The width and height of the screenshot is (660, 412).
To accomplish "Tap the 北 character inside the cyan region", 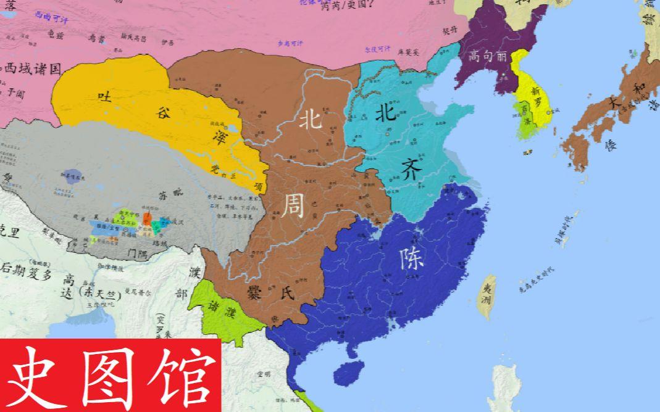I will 388,113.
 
